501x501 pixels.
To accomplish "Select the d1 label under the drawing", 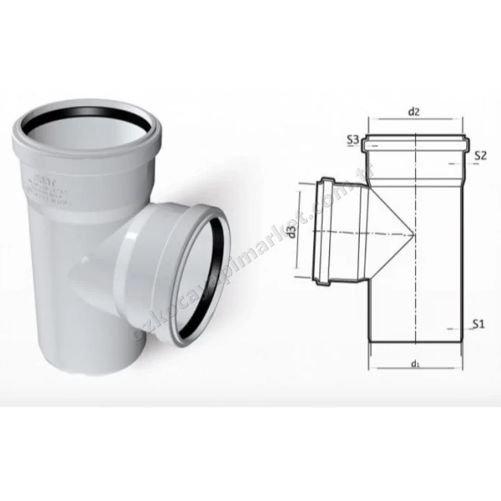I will [x=415, y=363].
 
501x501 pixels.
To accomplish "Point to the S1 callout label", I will [x=477, y=324].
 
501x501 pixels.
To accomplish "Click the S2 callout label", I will [x=479, y=155].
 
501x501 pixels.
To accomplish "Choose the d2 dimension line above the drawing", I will [x=415, y=119].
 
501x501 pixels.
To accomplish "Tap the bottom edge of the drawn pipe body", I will [x=415, y=343].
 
